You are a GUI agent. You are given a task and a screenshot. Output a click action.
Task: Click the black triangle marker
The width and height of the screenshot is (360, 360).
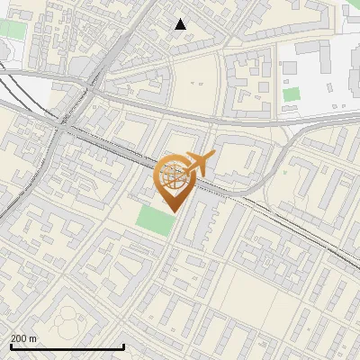click(x=181, y=24)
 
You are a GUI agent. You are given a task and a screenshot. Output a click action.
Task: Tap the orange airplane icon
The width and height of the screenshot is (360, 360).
click(x=199, y=163)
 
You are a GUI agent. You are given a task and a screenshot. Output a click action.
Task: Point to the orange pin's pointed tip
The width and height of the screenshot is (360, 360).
click(x=173, y=211)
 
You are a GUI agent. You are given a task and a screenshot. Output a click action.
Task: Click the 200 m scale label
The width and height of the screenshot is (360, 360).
click(x=24, y=338)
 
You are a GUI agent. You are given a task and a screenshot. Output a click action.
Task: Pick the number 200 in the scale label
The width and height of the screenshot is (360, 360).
click(x=20, y=338)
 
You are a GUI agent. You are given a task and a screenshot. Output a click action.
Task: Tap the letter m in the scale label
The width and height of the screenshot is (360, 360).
click(x=34, y=338)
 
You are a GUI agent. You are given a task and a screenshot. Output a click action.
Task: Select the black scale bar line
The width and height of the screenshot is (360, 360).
click(x=67, y=347)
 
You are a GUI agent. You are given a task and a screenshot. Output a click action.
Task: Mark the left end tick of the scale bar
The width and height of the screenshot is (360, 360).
click(x=12, y=347)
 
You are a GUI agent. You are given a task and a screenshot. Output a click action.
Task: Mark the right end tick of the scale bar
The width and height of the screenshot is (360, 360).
click(x=123, y=347)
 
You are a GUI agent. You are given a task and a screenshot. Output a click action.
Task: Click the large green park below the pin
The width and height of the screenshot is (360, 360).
click(x=155, y=220)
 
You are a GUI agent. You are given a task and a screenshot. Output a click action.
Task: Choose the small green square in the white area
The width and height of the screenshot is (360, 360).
click(x=291, y=94)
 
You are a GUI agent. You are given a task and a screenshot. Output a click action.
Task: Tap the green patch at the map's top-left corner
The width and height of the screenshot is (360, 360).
click(x=12, y=29)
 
